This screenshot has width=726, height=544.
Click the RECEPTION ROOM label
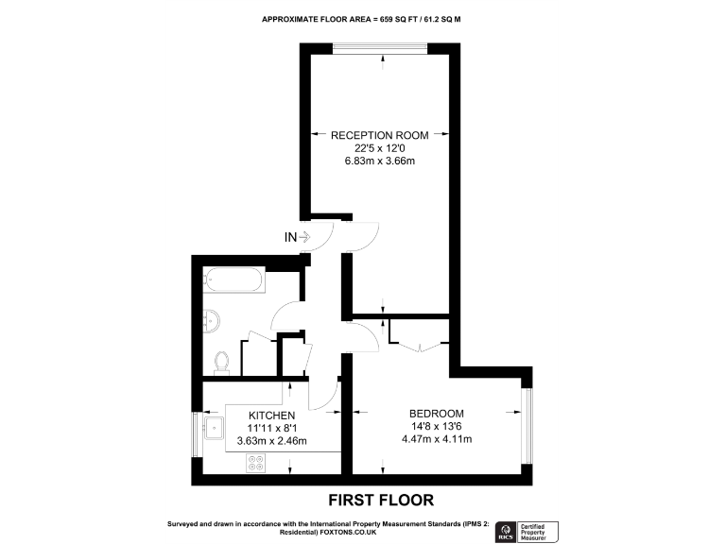click(x=378, y=135)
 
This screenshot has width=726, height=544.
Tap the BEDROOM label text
click(x=436, y=413)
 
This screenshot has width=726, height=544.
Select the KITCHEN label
click(x=272, y=416)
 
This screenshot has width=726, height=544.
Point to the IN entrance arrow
click(x=298, y=237)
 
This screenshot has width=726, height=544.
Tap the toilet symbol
click(x=223, y=361)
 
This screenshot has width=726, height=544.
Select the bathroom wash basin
click(x=213, y=321)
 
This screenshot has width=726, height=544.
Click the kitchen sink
click(x=214, y=429)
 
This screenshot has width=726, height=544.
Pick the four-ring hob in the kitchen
click(x=256, y=463)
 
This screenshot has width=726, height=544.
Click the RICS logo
click(x=506, y=531)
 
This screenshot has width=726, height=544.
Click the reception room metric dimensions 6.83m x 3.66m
click(x=378, y=161)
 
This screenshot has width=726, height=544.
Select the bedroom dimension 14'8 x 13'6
click(x=436, y=426)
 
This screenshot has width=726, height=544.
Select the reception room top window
click(x=383, y=47)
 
